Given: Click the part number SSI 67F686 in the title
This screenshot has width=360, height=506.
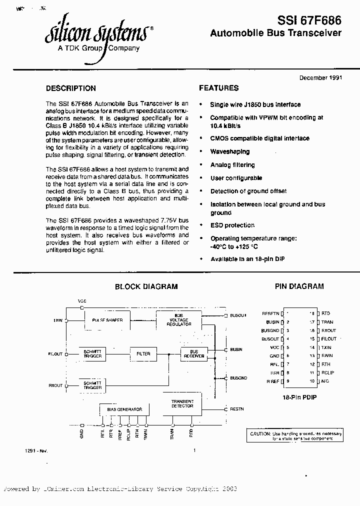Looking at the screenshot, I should pyautogui.click(x=309, y=20).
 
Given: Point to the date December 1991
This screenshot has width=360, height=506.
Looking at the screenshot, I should pyautogui.click(x=320, y=78).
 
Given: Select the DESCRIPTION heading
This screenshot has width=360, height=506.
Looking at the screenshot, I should pyautogui.click(x=70, y=88).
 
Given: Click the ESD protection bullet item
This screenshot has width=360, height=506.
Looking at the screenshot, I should pyautogui.click(x=232, y=225).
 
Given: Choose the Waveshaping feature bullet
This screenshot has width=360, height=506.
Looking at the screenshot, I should pyautogui.click(x=229, y=151).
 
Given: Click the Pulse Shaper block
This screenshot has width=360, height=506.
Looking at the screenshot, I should pyautogui.click(x=107, y=320).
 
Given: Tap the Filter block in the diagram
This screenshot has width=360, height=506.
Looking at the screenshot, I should pyautogui.click(x=143, y=354).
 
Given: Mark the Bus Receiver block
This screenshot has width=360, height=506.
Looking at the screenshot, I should pyautogui.click(x=194, y=354).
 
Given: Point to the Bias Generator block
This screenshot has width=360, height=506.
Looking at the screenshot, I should pyautogui.click(x=124, y=409).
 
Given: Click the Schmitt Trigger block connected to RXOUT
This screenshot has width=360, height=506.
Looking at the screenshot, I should pyautogui.click(x=93, y=385).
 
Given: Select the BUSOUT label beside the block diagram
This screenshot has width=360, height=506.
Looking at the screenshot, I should pyautogui.click(x=238, y=316).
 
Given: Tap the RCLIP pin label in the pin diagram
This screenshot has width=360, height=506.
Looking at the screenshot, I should pyautogui.click(x=328, y=373).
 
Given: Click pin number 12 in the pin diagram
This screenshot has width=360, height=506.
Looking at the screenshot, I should pyautogui.click(x=312, y=364).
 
